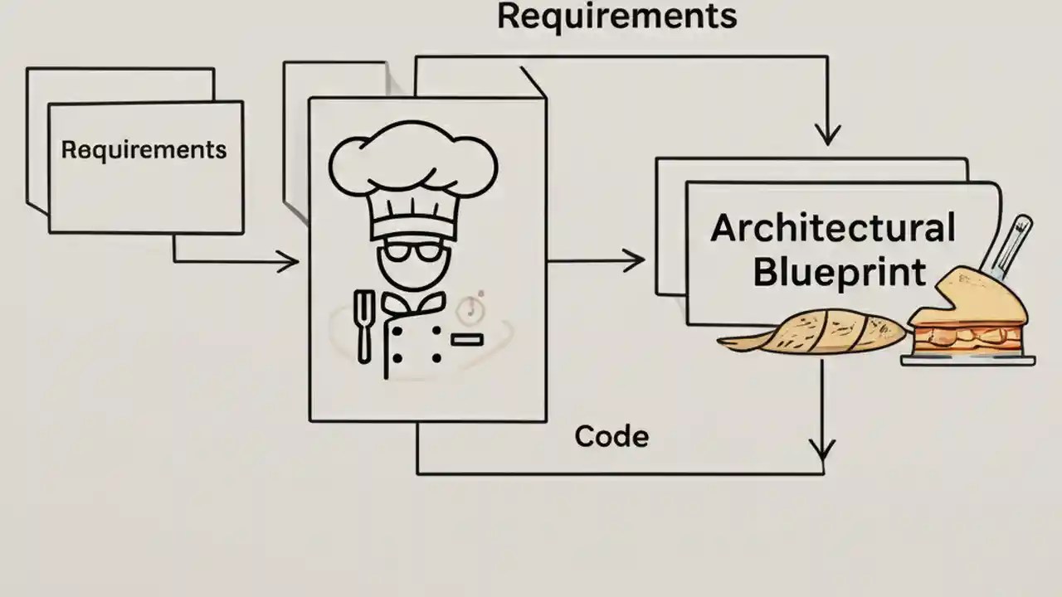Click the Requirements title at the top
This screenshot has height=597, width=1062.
click(x=616, y=17)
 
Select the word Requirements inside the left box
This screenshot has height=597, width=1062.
click(x=144, y=150)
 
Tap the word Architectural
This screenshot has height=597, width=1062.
click(x=832, y=229)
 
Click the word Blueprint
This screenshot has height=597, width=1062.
click(x=840, y=271)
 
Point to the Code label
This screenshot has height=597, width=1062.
click(x=611, y=436)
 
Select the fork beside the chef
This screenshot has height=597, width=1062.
click(x=363, y=325)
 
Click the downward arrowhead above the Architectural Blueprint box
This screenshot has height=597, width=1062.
click(x=827, y=135)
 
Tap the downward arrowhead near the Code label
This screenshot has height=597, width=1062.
click(x=821, y=450)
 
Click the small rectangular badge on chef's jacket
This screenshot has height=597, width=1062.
click(x=467, y=339)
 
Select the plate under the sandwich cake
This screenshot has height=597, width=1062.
click(x=968, y=359)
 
